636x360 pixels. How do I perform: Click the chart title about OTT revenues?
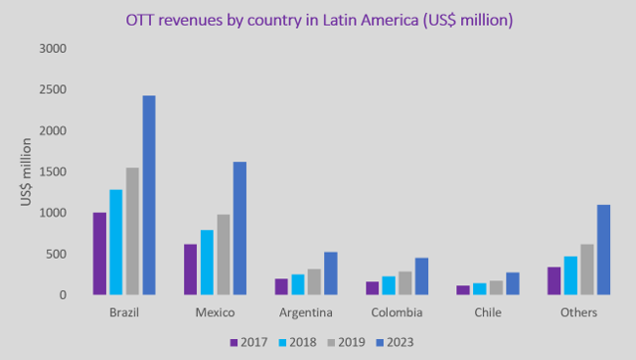tap(318, 19)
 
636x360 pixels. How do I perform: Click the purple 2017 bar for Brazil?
tap(99, 254)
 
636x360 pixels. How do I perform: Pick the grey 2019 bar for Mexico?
tap(224, 255)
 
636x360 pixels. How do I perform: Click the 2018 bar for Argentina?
tap(298, 284)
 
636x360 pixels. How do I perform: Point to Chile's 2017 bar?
tap(463, 290)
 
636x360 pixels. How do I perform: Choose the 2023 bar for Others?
tap(602, 250)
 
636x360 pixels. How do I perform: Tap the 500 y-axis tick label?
tap(57, 254)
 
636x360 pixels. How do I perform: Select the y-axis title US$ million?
tap(27, 172)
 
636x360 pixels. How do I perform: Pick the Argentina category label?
tap(305, 313)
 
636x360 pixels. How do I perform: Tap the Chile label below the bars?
tap(487, 313)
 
